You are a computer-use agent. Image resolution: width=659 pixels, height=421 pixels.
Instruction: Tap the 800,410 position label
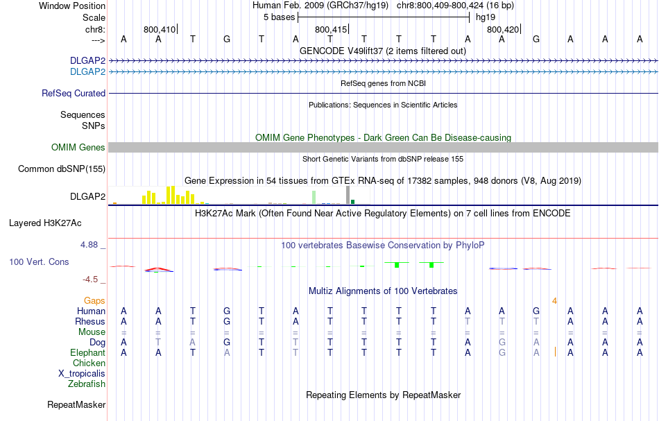[x=160, y=30]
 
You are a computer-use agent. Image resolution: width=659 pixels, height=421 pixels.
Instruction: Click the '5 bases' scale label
[x=280, y=17]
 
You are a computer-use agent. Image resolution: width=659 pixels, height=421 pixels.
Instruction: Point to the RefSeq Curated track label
[x=74, y=93]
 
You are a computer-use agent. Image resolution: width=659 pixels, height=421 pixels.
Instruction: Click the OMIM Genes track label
[x=78, y=147]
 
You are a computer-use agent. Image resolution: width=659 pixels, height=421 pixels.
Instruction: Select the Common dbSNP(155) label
[x=62, y=169]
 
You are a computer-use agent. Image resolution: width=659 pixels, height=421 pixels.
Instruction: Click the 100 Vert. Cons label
[x=40, y=262]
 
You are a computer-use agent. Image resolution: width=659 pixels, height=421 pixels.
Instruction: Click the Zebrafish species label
[x=87, y=384]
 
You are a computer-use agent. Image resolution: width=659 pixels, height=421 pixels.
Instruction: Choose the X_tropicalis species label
[x=82, y=373]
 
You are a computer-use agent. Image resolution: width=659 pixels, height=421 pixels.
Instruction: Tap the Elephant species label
[x=87, y=352]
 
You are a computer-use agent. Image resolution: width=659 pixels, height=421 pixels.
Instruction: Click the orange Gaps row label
[x=94, y=300]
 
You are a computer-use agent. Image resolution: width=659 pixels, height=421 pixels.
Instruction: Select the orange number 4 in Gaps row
[x=554, y=300]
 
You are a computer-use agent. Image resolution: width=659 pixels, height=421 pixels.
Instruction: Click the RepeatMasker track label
[x=76, y=404]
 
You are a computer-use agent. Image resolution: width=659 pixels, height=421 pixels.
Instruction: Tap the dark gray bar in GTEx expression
[x=348, y=196]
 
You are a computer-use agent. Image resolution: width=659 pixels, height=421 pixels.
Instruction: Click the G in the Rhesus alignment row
[x=227, y=321]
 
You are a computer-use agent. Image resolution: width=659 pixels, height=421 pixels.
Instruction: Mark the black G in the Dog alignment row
[x=227, y=342]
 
